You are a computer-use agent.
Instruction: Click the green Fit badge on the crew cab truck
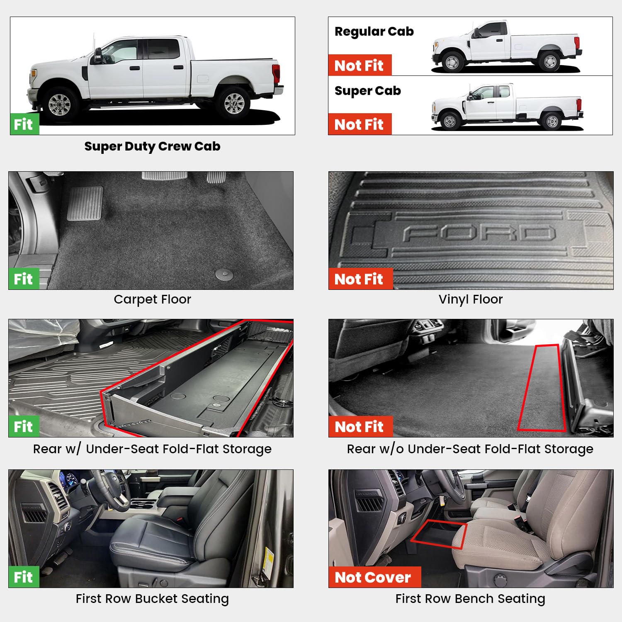click(x=24, y=124)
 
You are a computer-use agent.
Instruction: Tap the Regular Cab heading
click(x=374, y=32)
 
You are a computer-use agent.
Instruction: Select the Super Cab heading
click(x=367, y=91)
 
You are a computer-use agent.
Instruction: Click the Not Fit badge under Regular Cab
click(x=360, y=66)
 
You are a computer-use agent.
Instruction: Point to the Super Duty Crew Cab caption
click(x=152, y=146)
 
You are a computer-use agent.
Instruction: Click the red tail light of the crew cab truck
click(x=276, y=73)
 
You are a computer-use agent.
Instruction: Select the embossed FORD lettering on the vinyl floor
click(x=479, y=233)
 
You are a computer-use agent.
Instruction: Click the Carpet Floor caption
click(x=152, y=299)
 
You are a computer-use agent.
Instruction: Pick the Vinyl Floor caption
click(x=470, y=299)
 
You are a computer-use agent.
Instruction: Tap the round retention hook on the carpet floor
click(x=224, y=273)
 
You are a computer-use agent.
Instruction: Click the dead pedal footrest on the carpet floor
click(x=85, y=203)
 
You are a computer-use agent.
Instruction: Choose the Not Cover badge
click(x=374, y=577)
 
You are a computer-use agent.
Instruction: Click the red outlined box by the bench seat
click(x=439, y=534)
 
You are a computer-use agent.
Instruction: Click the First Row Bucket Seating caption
click(x=152, y=599)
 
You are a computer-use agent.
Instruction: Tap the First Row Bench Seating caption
click(x=470, y=599)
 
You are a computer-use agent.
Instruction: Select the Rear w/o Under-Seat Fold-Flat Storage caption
click(x=470, y=449)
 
